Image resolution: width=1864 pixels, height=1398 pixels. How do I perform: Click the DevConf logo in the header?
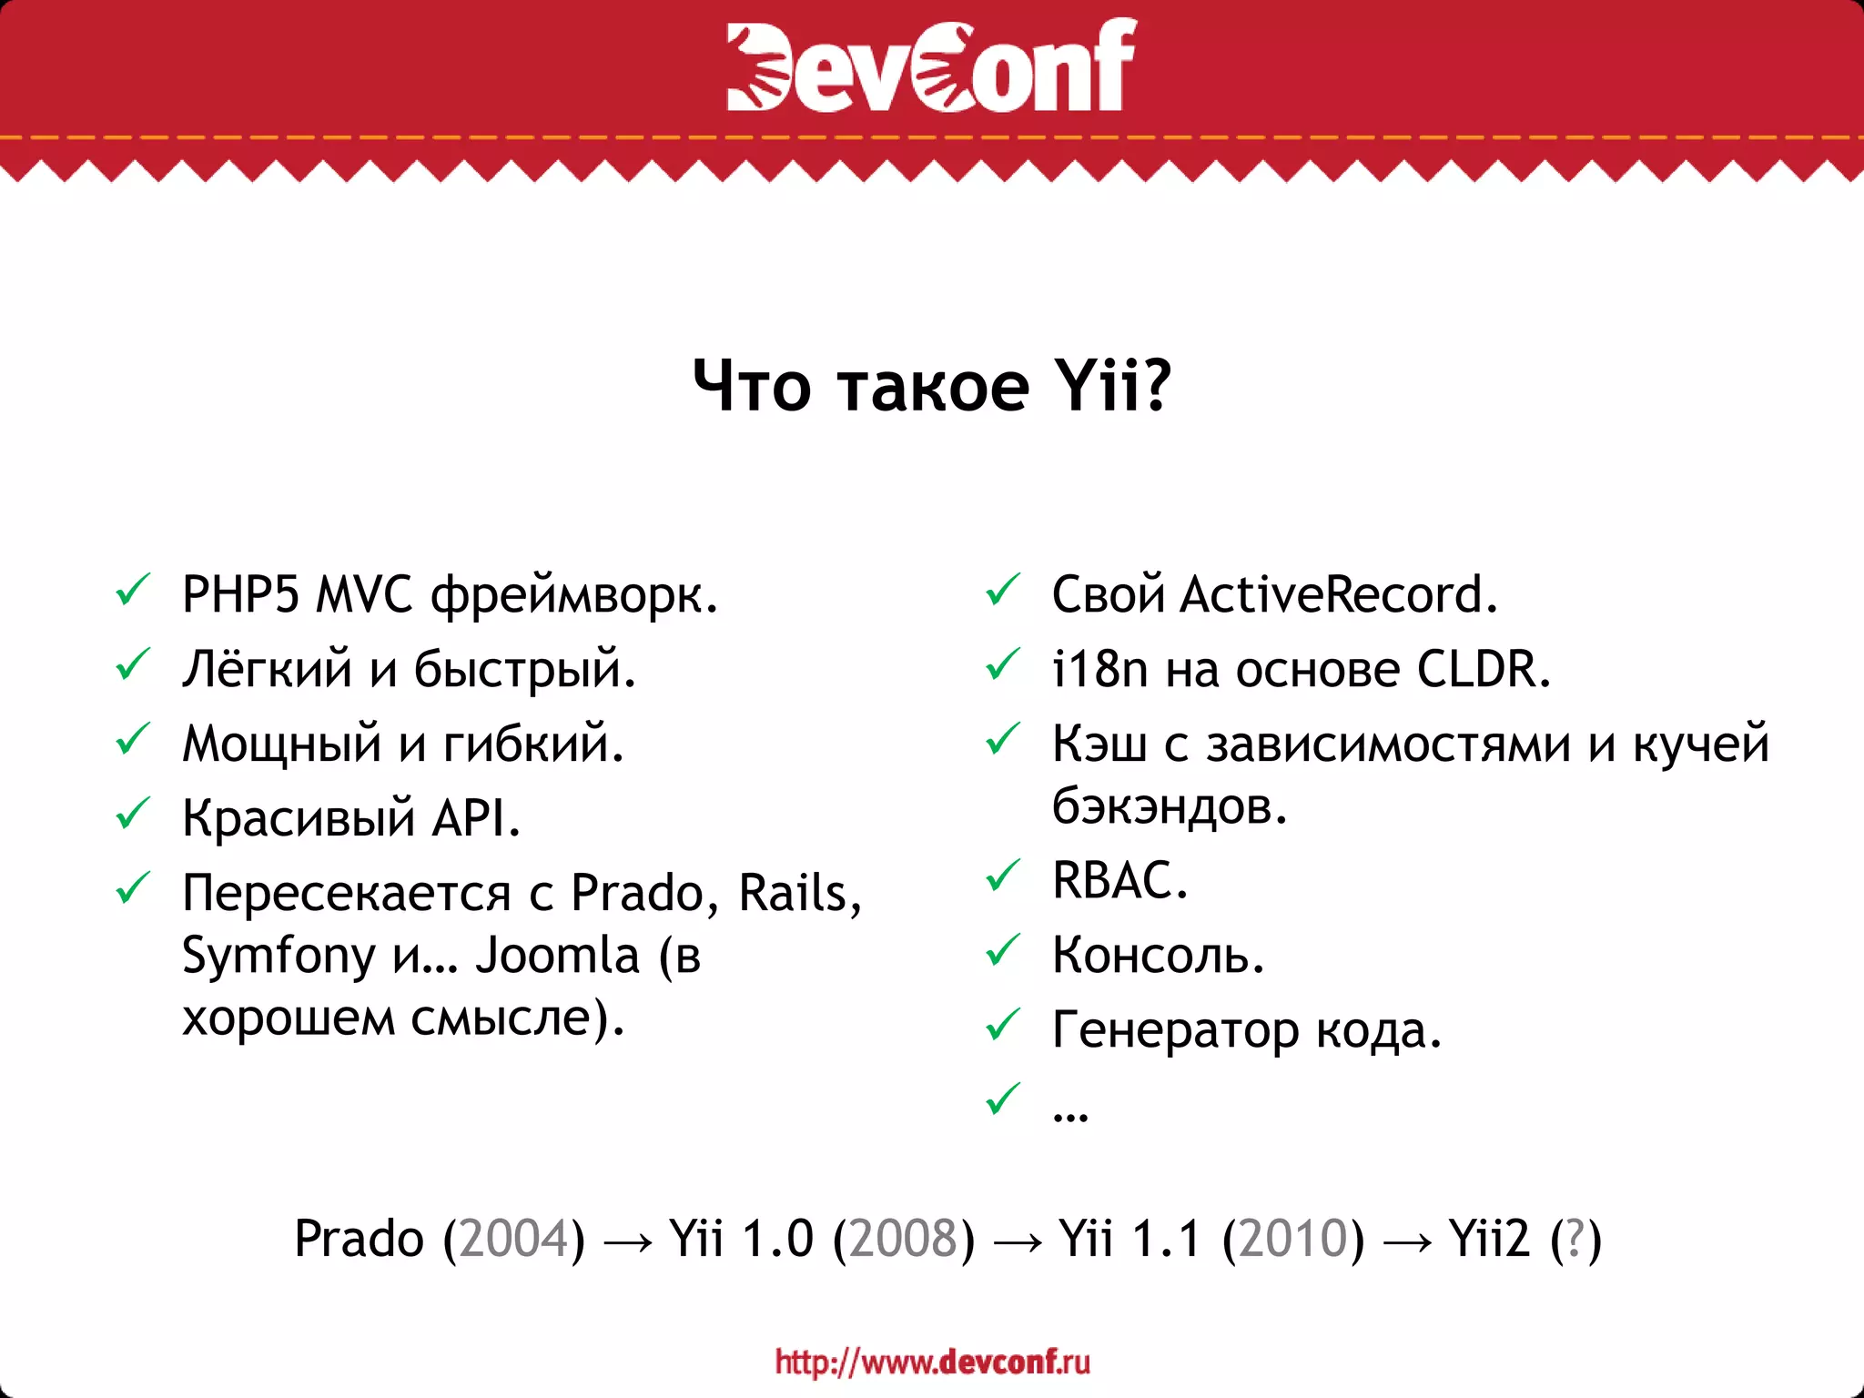931,66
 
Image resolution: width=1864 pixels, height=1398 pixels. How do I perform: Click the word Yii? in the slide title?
1112,386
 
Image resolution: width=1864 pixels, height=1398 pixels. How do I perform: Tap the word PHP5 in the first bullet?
240,595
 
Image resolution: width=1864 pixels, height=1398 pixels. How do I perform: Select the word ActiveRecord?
1338,595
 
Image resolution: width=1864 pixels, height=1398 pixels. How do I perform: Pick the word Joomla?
557,956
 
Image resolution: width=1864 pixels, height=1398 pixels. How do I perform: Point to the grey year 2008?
904,1240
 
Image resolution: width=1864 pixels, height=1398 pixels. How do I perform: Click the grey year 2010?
1293,1240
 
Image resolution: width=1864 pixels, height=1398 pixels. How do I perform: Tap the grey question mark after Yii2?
1576,1240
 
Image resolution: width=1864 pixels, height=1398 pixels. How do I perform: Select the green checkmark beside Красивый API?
133,814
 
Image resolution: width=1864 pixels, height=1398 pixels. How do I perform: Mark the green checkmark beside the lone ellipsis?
1003,1099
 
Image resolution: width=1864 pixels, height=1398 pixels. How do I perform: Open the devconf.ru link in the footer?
932,1362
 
